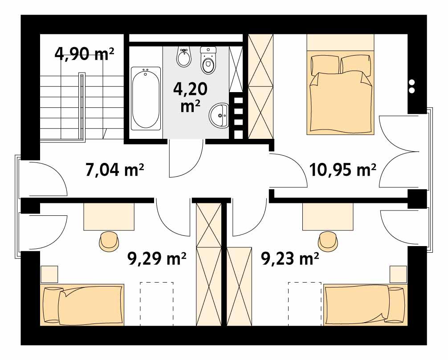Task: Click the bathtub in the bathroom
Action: pyautogui.click(x=146, y=98)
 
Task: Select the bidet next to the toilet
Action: pyautogui.click(x=184, y=57)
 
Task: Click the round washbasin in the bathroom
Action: pyautogui.click(x=219, y=114)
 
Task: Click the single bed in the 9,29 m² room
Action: pyautogui.click(x=82, y=305)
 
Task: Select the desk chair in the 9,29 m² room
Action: pyautogui.click(x=109, y=240)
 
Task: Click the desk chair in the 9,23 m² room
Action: pyautogui.click(x=328, y=240)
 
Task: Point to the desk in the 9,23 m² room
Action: pyautogui.click(x=327, y=217)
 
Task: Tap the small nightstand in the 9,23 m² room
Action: pyautogui.click(x=398, y=274)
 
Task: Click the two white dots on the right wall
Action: pyautogui.click(x=412, y=86)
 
